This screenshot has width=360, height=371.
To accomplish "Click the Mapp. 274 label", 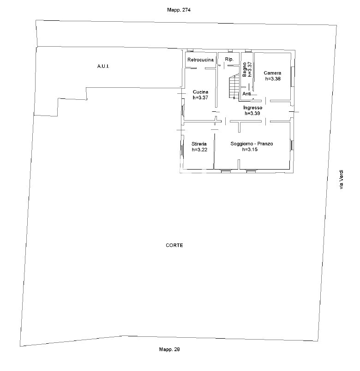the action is click(179, 10).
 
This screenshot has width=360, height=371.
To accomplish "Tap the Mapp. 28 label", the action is click(169, 349).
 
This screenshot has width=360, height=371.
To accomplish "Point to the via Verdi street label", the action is click(341, 180).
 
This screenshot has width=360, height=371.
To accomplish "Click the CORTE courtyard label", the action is click(174, 245).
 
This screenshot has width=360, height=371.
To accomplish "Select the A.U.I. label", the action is click(103, 66).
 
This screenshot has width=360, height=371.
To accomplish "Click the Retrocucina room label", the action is click(200, 60).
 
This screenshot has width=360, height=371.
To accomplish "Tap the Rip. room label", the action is click(229, 60).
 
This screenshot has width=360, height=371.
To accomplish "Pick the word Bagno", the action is click(245, 69).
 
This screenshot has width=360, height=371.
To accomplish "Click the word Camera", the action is click(273, 73).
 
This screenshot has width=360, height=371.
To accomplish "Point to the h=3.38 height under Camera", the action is click(273, 79).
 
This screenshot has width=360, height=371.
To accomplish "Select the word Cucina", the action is click(200, 92).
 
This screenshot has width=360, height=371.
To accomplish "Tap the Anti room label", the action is click(247, 94).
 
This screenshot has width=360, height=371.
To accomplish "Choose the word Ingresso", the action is click(252, 108).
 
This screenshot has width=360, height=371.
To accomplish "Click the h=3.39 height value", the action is click(252, 113).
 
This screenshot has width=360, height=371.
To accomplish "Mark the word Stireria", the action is click(199, 144).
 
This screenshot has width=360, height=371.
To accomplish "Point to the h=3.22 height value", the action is click(199, 150).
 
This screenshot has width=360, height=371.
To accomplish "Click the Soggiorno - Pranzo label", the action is click(252, 144).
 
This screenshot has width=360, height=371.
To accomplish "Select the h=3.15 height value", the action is click(250, 150).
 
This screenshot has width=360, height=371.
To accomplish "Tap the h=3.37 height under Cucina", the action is click(200, 97).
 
